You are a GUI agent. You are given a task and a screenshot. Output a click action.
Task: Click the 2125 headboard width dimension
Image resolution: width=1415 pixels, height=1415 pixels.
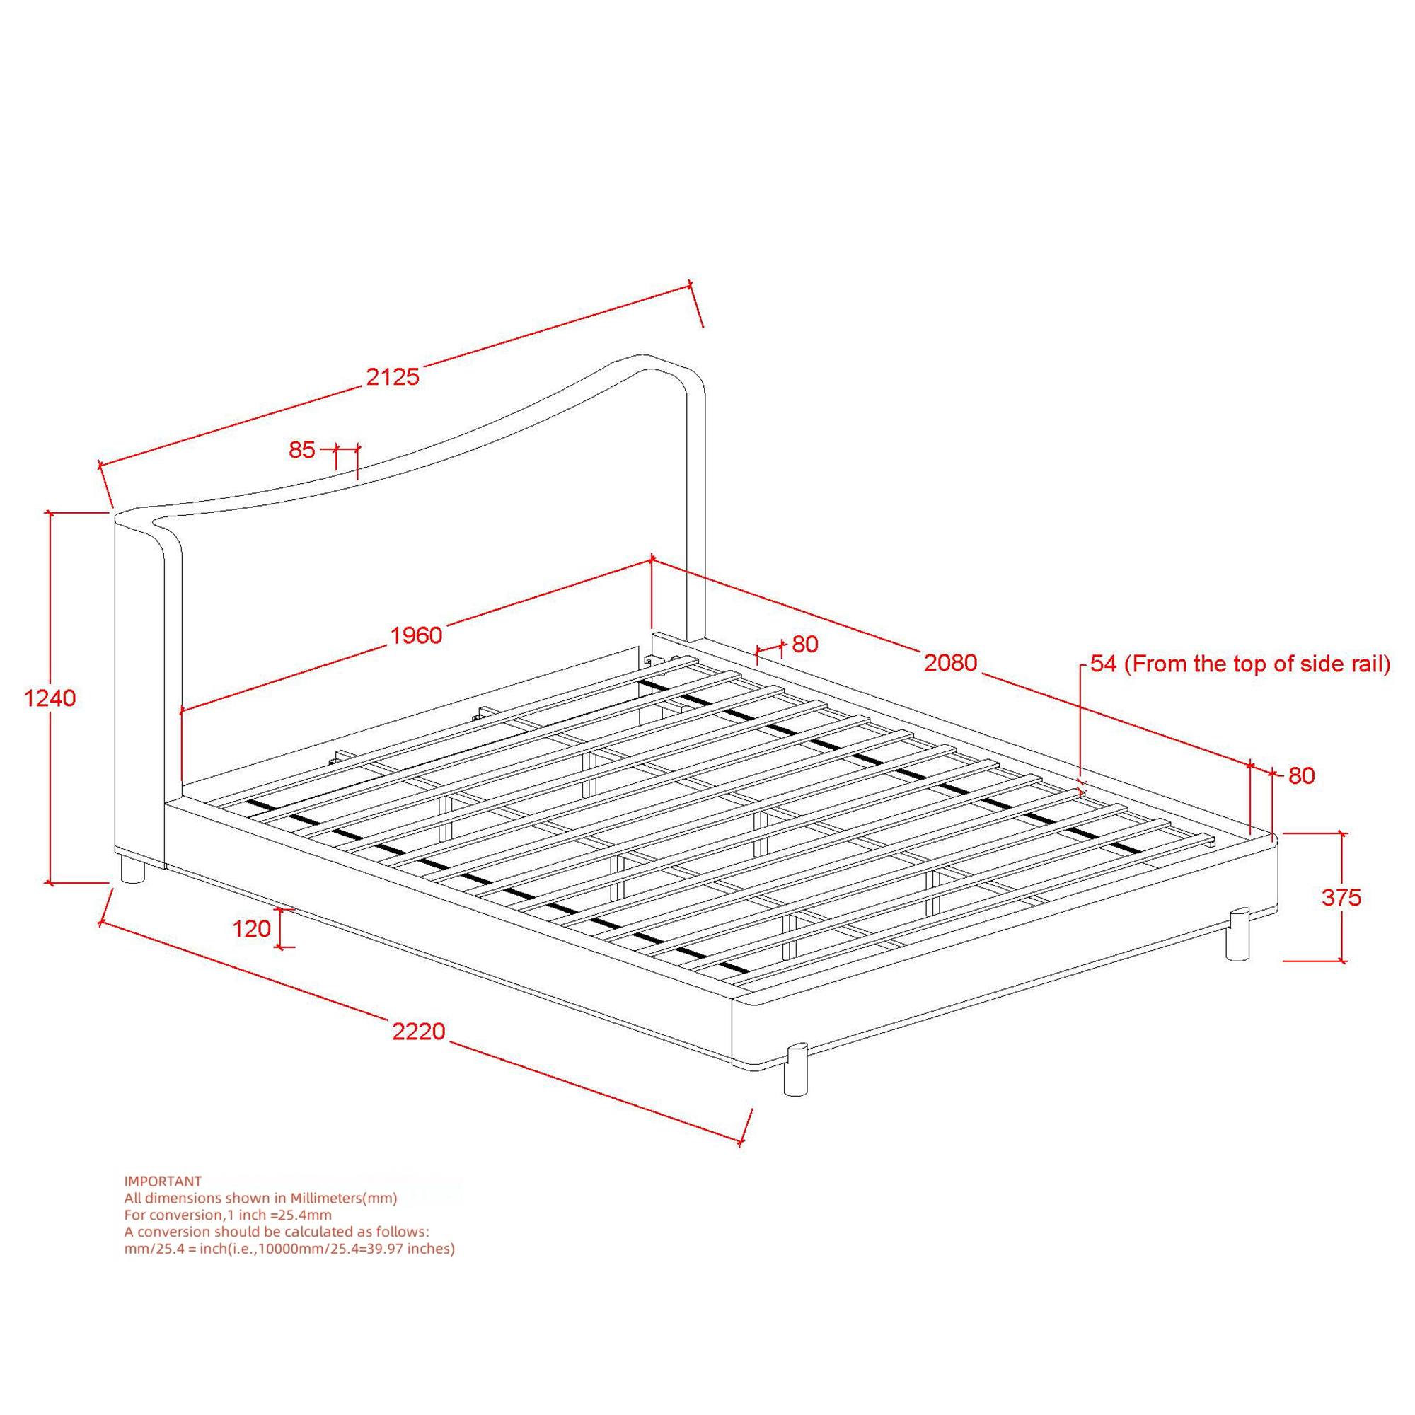click(x=393, y=376)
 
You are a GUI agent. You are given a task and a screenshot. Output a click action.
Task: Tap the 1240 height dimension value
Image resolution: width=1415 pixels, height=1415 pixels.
click(x=50, y=699)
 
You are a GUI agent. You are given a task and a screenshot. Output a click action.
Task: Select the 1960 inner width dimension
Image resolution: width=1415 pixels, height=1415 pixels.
click(x=416, y=635)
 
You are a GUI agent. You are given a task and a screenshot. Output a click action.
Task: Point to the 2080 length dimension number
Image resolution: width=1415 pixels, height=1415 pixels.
click(x=951, y=663)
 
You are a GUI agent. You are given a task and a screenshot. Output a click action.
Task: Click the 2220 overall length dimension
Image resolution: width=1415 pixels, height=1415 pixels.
click(x=419, y=1032)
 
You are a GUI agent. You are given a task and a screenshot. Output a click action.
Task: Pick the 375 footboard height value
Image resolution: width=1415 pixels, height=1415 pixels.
click(x=1341, y=897)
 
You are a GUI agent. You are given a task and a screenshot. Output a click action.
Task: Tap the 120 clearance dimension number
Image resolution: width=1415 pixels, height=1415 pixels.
click(x=252, y=929)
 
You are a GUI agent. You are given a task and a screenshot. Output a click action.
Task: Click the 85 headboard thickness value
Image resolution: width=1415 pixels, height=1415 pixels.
click(x=302, y=450)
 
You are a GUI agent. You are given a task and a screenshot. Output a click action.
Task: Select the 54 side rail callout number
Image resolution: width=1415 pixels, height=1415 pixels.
click(x=1104, y=664)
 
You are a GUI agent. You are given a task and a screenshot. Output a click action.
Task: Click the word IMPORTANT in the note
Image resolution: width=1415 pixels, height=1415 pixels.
click(x=163, y=1182)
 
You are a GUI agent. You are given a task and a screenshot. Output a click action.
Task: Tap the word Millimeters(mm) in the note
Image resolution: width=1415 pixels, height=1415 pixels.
click(x=344, y=1199)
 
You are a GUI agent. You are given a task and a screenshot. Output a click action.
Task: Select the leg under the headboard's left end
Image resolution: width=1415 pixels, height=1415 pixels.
click(x=132, y=870)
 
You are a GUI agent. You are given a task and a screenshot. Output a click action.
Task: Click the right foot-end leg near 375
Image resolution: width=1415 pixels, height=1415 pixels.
click(x=1237, y=934)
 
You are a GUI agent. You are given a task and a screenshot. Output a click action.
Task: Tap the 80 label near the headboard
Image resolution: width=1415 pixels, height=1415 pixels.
click(x=805, y=644)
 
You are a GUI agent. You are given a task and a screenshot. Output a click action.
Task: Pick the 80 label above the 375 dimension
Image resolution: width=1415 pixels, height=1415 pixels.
click(x=1302, y=775)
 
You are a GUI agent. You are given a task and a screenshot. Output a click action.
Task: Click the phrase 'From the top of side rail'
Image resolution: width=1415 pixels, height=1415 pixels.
click(x=1257, y=664)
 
